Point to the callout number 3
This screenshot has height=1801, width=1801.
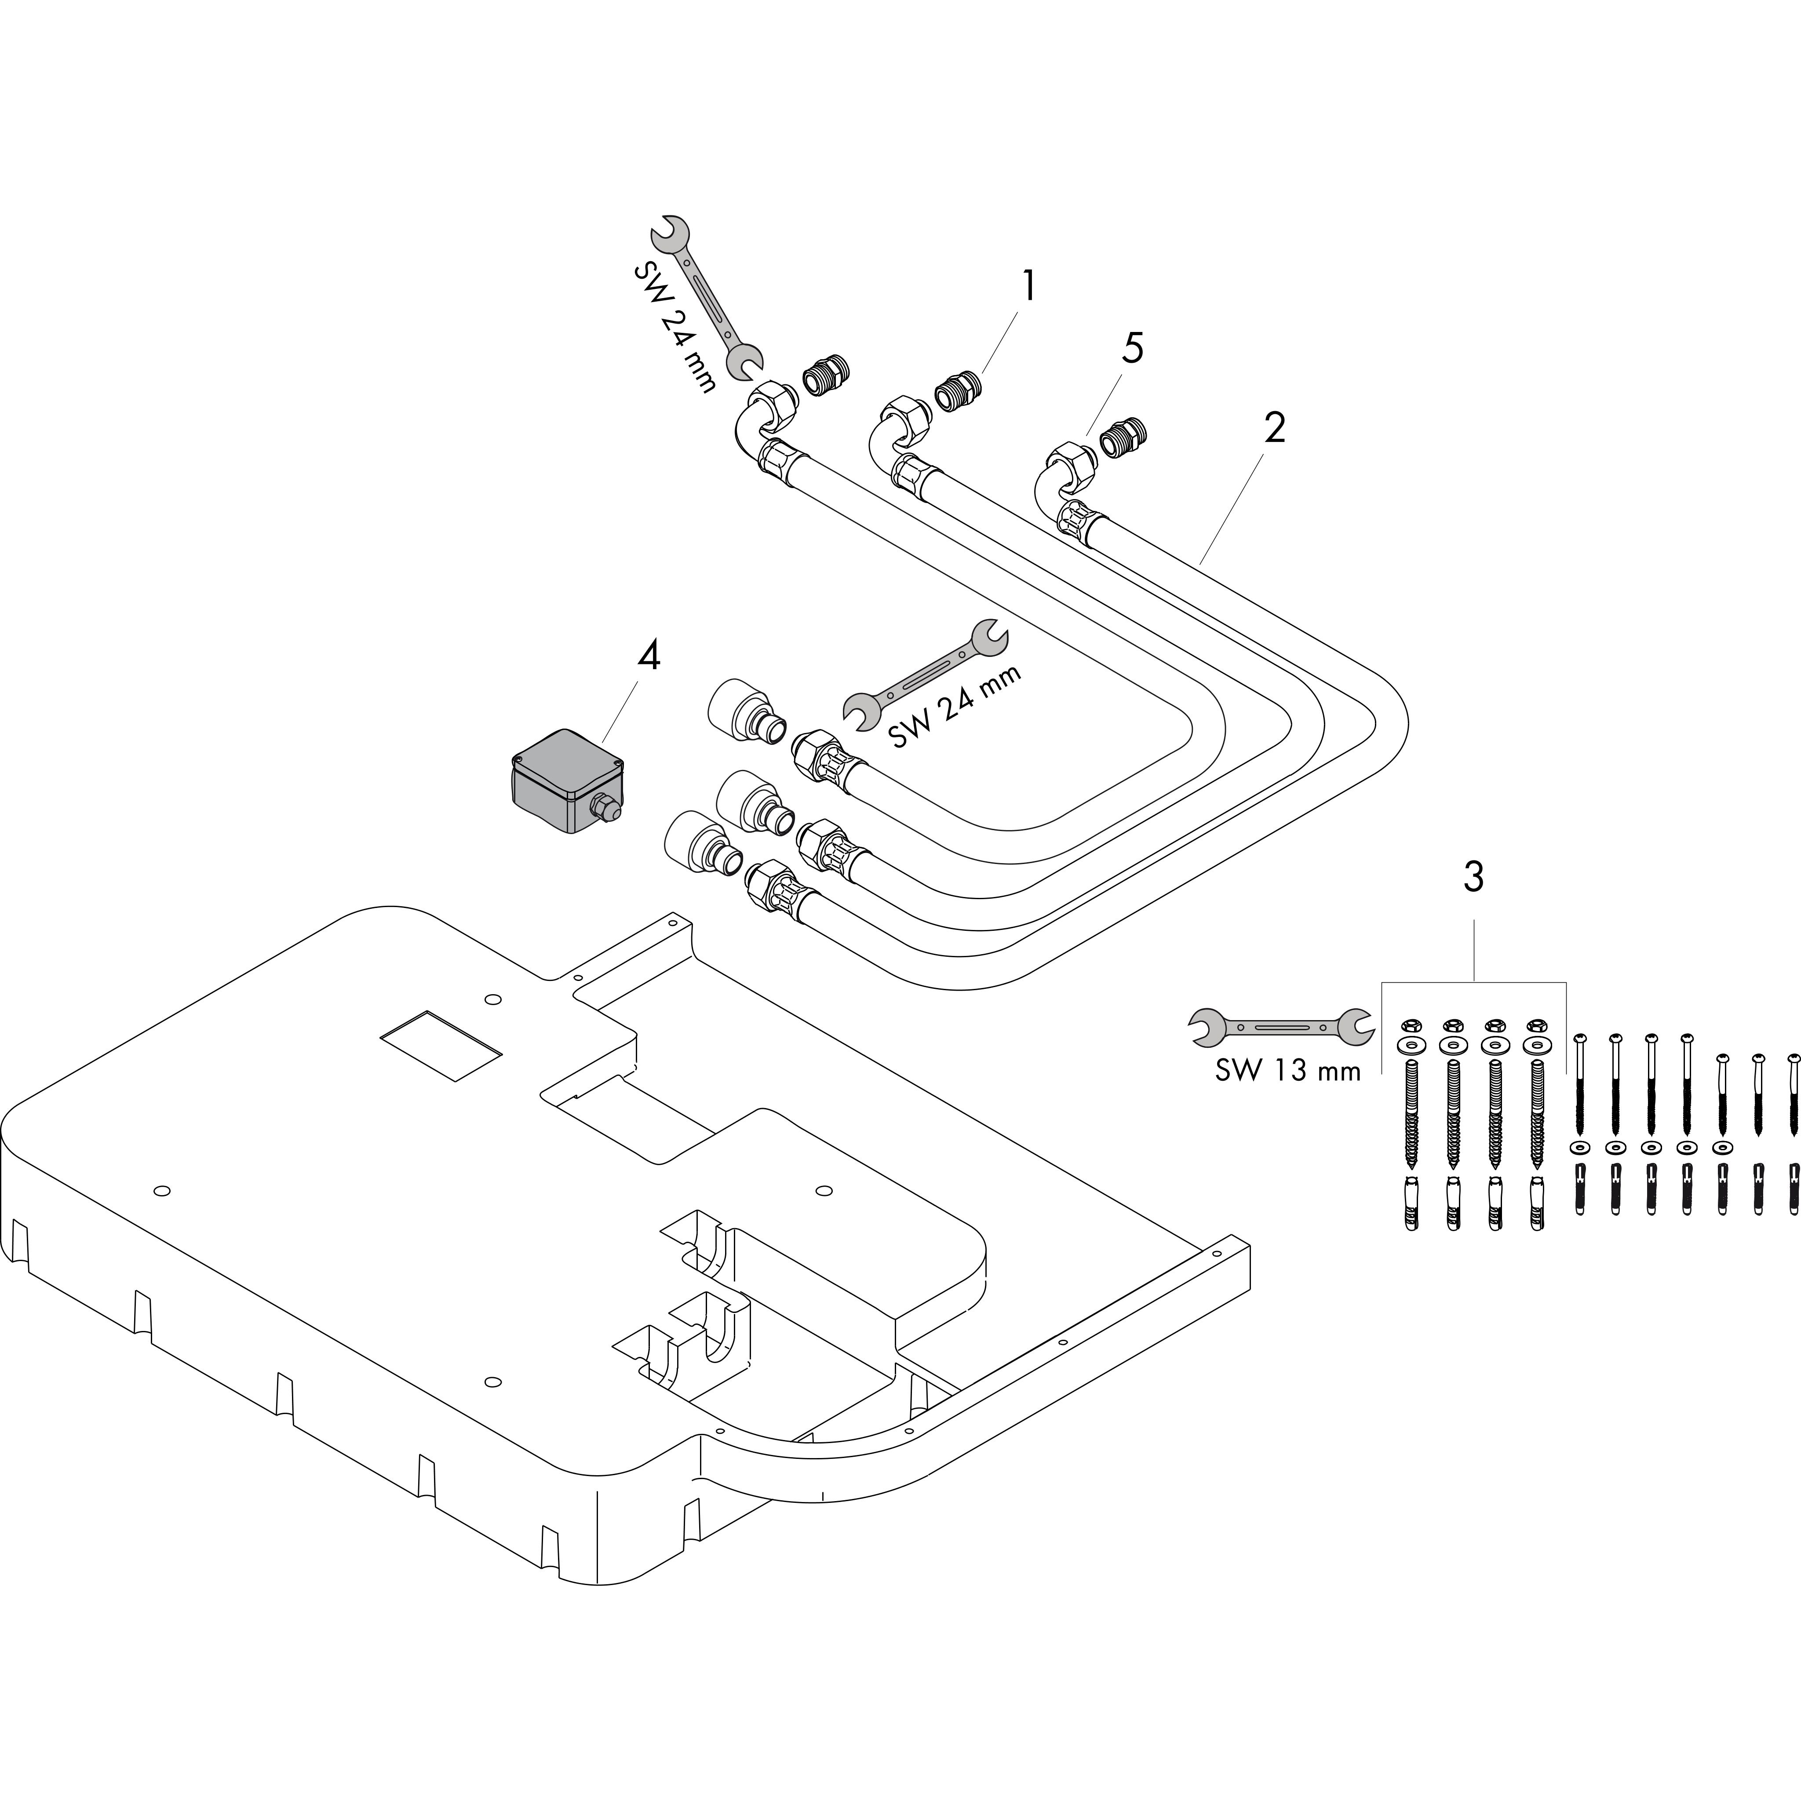[1473, 876]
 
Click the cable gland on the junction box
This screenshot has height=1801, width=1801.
[606, 807]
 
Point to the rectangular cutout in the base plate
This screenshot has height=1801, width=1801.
[441, 1044]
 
